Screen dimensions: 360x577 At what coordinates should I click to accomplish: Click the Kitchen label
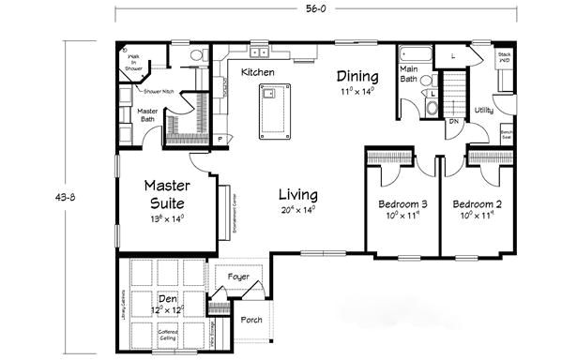click(257, 72)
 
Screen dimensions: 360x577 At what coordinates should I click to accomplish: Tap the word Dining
click(359, 77)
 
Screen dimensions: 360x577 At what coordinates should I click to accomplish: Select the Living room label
click(298, 195)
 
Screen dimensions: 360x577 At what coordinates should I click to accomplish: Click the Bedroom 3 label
click(403, 204)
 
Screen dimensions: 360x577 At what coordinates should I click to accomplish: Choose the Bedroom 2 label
click(478, 204)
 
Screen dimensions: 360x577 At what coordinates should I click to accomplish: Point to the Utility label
click(484, 111)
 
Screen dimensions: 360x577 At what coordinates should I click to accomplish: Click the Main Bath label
click(409, 73)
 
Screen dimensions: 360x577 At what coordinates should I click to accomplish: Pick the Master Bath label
click(134, 115)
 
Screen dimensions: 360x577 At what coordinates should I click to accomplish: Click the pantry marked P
click(219, 139)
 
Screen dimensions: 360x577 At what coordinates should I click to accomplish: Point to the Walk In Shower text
click(134, 62)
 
